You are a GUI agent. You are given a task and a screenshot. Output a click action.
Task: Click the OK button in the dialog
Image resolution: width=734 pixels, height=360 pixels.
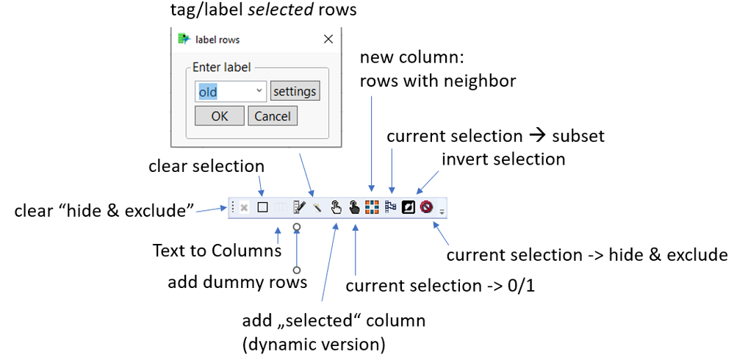coord(219,116)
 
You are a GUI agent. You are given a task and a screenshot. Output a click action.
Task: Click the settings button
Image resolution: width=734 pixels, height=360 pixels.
coord(295,91)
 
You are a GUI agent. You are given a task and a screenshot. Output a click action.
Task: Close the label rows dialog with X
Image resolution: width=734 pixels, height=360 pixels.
coord(328,39)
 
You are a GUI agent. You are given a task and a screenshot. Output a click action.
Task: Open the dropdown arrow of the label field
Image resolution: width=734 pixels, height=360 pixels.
coord(259,91)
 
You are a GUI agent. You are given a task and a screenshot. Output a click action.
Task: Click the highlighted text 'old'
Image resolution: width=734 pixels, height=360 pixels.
coord(209,92)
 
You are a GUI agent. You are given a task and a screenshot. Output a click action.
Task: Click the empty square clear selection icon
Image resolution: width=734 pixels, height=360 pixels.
coord(262,208)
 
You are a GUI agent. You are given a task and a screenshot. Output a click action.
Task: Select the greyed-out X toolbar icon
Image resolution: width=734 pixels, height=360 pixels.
coord(244,208)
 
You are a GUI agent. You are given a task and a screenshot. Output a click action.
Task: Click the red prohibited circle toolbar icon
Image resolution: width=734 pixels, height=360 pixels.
coord(426,208)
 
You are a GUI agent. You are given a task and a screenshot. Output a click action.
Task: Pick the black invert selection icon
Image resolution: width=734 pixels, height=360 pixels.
coord(409,208)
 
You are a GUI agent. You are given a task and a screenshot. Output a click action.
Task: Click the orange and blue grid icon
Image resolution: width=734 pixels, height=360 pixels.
coord(372,208)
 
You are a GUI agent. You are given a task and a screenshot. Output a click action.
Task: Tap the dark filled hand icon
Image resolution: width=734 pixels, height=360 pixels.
coord(354,208)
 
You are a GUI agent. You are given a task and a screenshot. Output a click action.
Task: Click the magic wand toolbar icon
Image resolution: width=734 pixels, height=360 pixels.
coord(317,208)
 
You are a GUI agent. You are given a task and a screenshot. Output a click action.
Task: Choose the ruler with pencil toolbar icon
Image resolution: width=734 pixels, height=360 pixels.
coord(299,208)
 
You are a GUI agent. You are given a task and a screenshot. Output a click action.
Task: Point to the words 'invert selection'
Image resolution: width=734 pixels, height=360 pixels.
coord(503,159)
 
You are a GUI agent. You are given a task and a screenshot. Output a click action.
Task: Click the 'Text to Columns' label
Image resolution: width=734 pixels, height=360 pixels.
coord(217,251)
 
